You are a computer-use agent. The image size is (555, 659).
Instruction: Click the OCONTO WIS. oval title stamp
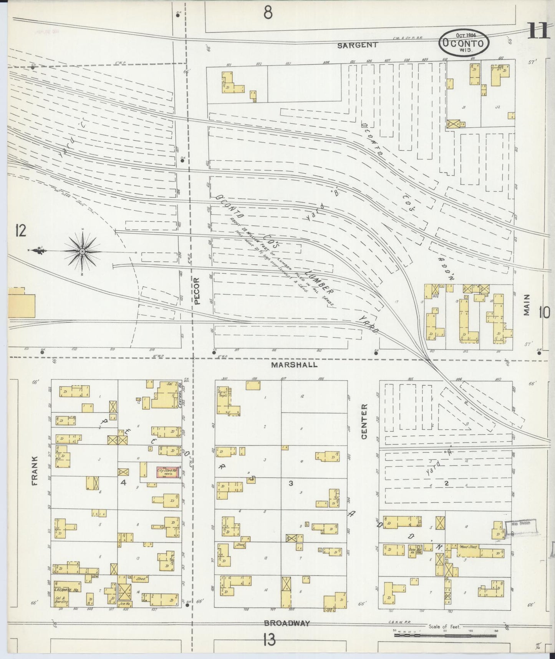464,43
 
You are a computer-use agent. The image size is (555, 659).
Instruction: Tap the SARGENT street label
357,45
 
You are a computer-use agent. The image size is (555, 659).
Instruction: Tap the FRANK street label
35,471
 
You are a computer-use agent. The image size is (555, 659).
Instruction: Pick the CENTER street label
364,421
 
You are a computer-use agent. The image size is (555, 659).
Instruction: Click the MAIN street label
526,305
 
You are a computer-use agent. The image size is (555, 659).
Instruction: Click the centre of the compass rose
82,251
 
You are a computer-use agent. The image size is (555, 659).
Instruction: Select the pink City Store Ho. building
168,472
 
